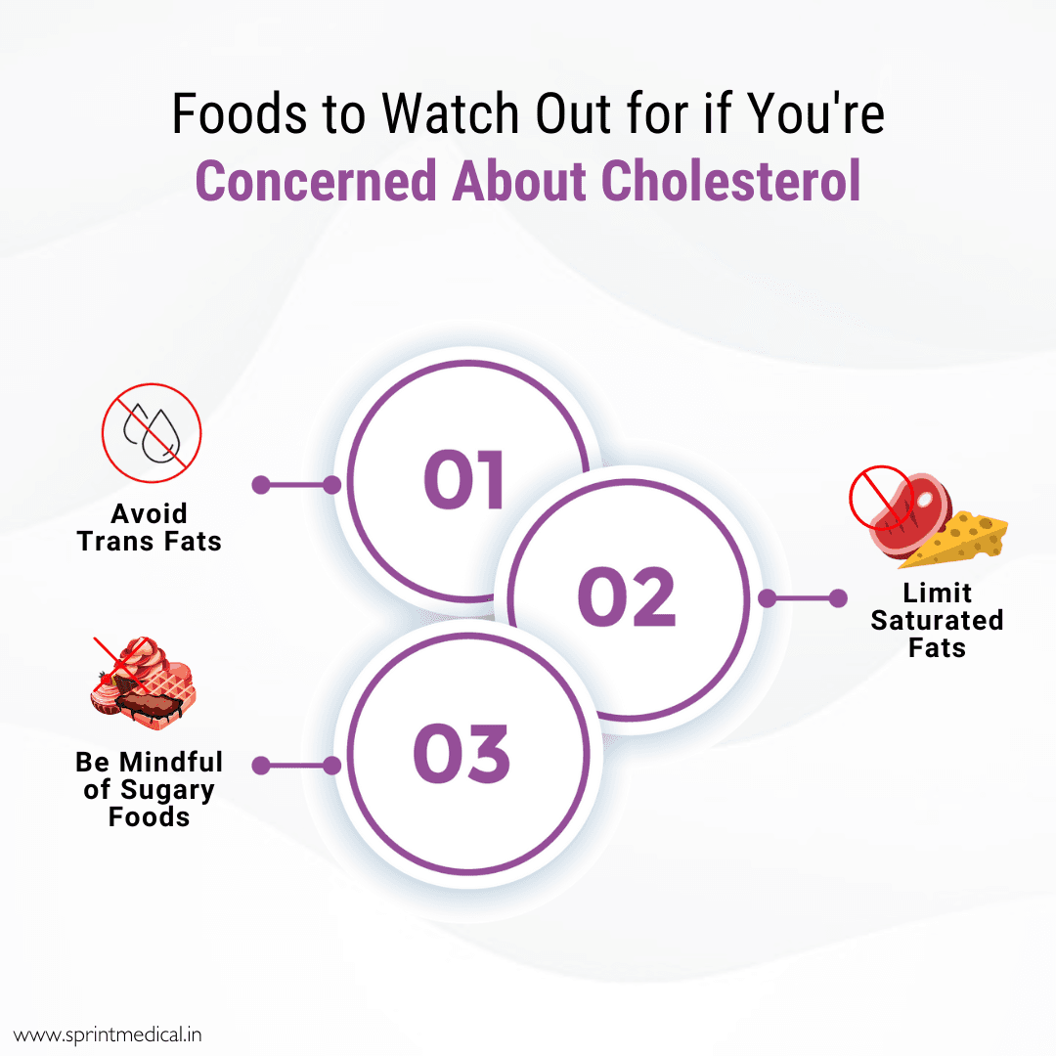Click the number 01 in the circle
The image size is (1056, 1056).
(464, 481)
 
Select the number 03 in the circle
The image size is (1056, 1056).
(462, 754)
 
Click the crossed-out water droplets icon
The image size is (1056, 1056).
(152, 432)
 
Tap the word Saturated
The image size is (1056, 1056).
(937, 620)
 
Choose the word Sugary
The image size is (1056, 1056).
(167, 790)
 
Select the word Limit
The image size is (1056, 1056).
(937, 594)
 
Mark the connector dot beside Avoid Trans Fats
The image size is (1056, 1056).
(261, 484)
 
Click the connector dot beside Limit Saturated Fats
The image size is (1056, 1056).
(837, 598)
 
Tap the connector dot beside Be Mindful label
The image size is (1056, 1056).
(261, 766)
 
